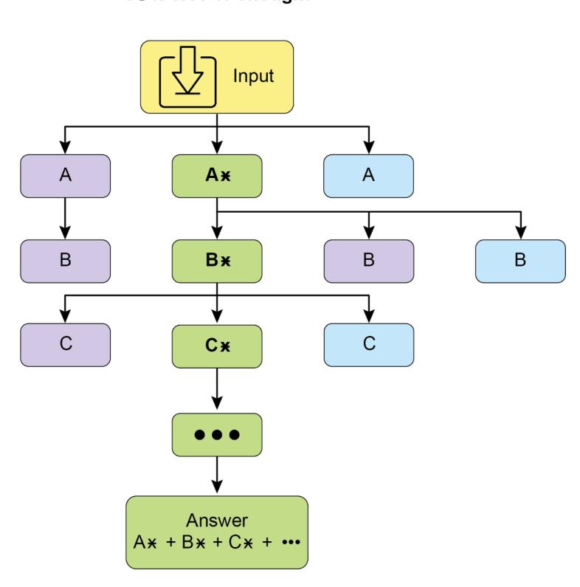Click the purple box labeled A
tap(65, 176)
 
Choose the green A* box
tap(216, 176)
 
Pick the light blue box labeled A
tap(368, 176)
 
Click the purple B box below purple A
tap(65, 261)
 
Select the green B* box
tap(216, 261)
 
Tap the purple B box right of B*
tap(368, 261)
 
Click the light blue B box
tap(519, 261)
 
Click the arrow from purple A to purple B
tap(65, 218)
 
